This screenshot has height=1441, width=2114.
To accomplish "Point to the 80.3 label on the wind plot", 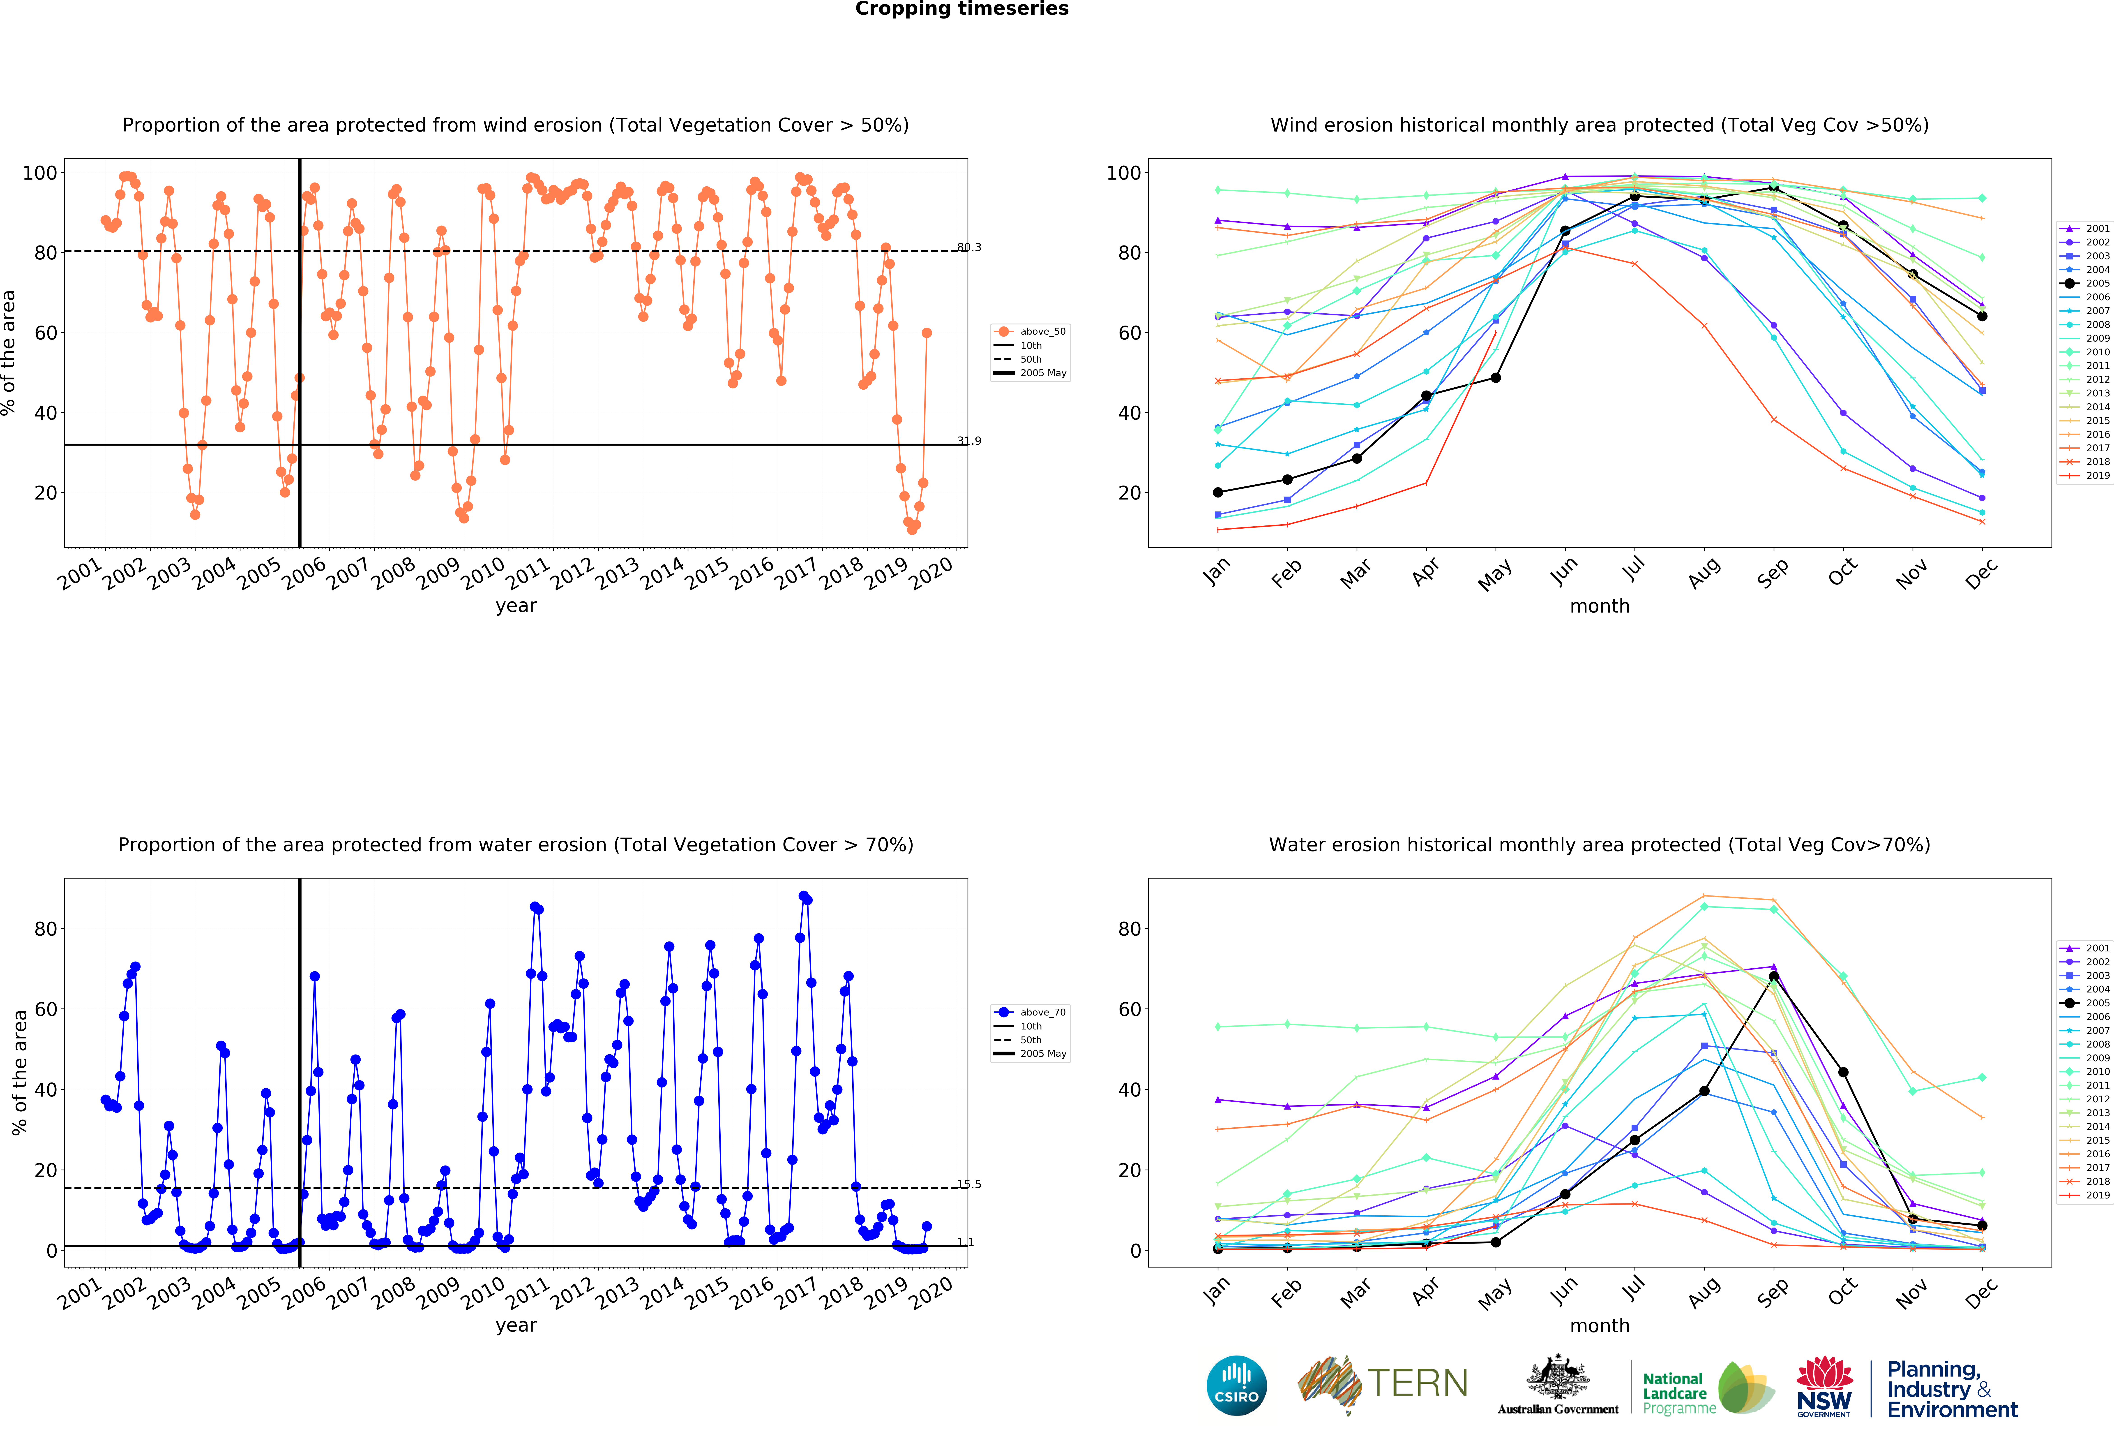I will [x=969, y=247].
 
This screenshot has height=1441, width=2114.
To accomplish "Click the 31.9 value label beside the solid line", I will [x=969, y=441].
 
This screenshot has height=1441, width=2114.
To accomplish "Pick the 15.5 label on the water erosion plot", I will [x=969, y=1184].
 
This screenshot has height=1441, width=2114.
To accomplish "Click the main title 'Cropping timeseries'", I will [x=961, y=9].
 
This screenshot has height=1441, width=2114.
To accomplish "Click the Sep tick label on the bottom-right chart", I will [x=1773, y=1292].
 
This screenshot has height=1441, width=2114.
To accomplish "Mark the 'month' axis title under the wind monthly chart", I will [x=1599, y=606].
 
